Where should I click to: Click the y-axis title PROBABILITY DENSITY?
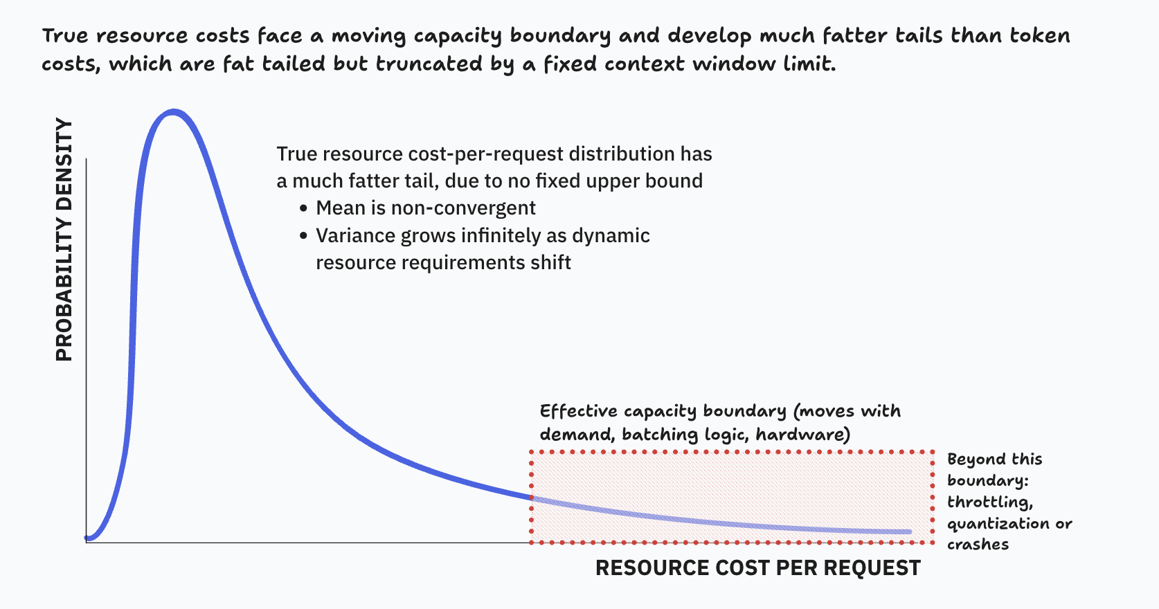pos(64,240)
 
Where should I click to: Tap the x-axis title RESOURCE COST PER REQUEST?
pos(758,568)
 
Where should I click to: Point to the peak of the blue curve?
pos(173,112)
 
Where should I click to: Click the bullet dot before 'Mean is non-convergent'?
pos(303,209)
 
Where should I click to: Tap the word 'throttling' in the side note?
pos(989,502)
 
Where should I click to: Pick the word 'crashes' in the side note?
pos(978,545)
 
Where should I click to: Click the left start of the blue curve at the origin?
pos(88,537)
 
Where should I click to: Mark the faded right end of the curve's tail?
pos(908,531)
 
